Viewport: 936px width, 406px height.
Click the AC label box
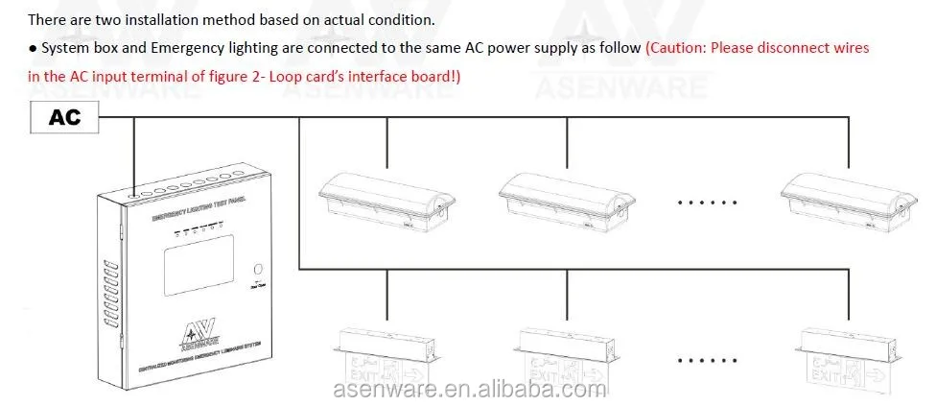65,118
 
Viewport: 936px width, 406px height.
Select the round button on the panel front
256,270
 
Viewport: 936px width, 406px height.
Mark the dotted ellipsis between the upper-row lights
707,203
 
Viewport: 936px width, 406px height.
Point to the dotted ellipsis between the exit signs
707,362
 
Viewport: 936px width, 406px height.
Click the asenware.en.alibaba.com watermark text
470,391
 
